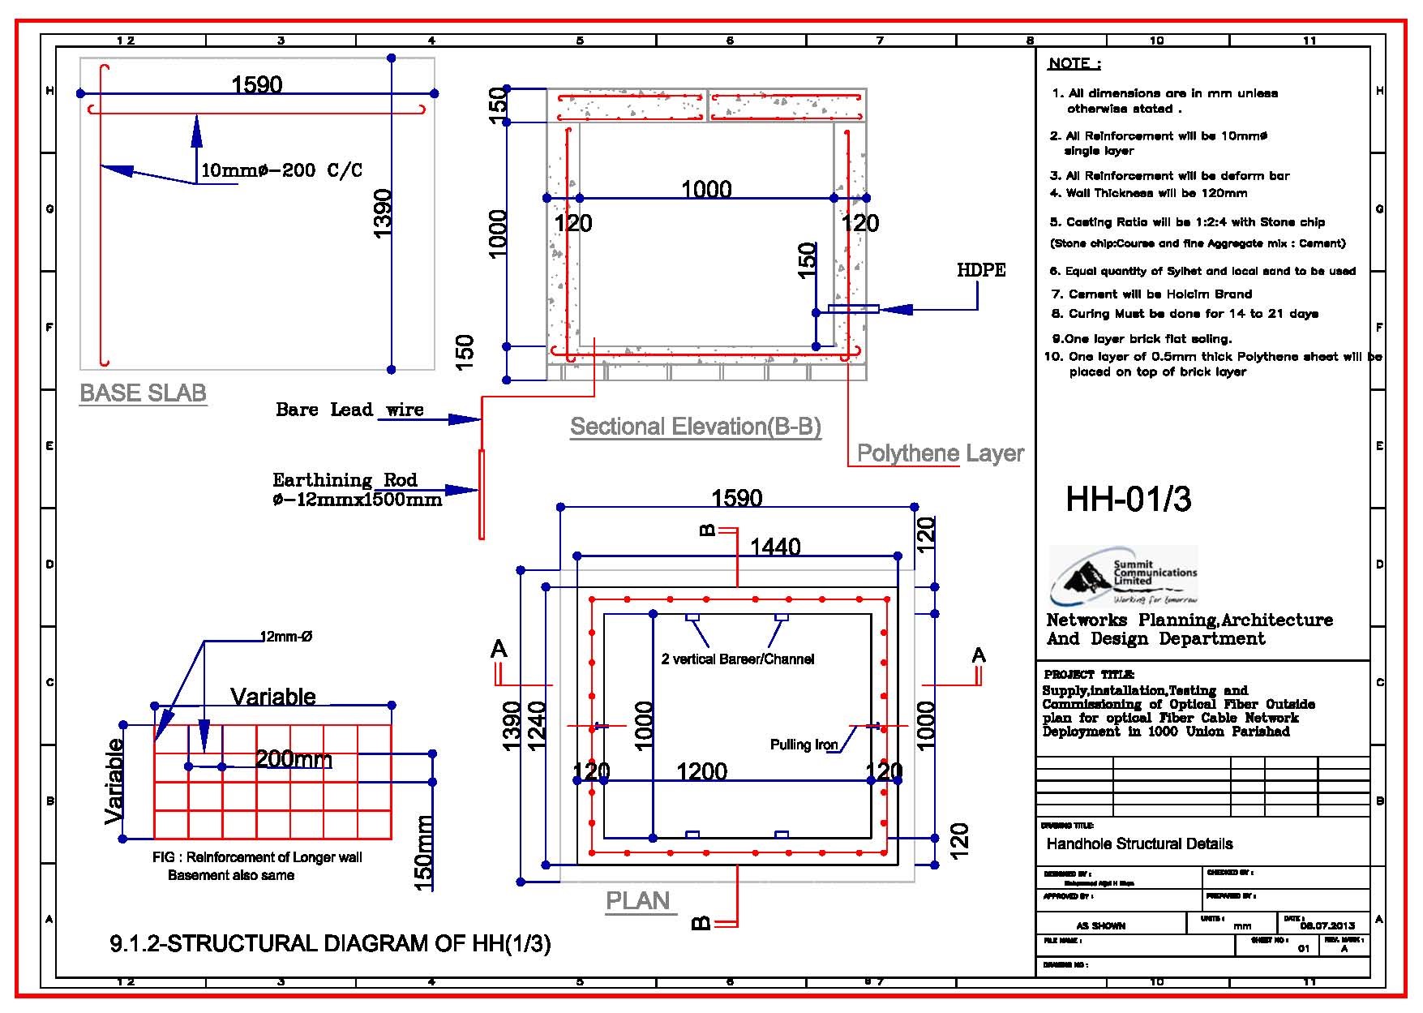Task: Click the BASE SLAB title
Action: (x=143, y=393)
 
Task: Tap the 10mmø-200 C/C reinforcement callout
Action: (x=281, y=170)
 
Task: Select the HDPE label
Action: (x=981, y=270)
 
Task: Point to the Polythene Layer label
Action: (x=940, y=453)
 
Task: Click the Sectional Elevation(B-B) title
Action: (x=695, y=427)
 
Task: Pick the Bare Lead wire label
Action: (x=349, y=410)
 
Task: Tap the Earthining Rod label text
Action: (x=357, y=489)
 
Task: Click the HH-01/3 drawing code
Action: (x=1128, y=500)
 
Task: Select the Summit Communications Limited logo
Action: (x=1123, y=575)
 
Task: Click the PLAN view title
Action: (x=638, y=900)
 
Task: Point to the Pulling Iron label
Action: (x=804, y=745)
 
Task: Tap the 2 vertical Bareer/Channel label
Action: (x=737, y=659)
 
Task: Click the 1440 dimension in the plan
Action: (x=775, y=547)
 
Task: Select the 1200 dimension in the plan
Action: (x=701, y=770)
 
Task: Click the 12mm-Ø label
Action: (x=285, y=637)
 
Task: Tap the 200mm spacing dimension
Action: (x=294, y=759)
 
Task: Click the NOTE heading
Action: (x=1074, y=63)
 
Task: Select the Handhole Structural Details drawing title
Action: (x=1139, y=843)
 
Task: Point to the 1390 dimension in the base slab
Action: (x=383, y=212)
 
